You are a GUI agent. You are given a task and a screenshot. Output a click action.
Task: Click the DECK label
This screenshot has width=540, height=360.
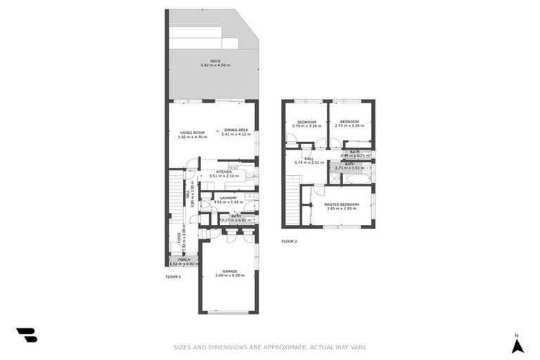215,60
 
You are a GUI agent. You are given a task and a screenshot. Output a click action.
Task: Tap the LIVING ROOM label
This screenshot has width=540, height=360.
192,131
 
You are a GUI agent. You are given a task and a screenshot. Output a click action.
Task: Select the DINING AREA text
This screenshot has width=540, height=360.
236,129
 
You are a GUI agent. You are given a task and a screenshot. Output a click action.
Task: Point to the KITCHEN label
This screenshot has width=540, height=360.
224,172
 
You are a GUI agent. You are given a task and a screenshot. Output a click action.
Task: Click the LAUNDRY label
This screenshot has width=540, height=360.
228,198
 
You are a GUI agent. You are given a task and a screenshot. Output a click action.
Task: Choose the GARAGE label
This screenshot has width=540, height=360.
230,271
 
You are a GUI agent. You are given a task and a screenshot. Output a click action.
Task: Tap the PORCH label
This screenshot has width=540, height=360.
184,259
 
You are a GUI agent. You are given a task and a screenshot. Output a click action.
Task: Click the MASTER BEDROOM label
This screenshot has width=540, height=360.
342,204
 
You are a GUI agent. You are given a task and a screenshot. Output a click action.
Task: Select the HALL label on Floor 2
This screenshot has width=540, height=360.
309,158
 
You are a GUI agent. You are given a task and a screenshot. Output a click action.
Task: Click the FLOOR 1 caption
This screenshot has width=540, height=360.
173,276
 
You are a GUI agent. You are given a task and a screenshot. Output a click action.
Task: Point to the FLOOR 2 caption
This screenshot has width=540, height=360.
289,241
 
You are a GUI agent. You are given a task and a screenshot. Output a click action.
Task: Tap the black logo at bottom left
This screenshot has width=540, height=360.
26,335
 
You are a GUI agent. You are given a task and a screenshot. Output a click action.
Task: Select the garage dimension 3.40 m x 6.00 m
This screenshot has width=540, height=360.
230,276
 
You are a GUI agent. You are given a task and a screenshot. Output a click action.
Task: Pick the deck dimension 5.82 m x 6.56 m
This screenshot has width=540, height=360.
215,65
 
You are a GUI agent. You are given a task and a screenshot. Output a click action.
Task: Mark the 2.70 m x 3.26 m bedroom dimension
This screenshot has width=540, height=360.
306,127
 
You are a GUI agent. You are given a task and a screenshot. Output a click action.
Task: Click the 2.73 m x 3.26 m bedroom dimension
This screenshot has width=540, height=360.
349,127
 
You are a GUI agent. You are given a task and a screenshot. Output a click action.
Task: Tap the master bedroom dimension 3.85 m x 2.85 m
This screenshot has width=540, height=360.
342,209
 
